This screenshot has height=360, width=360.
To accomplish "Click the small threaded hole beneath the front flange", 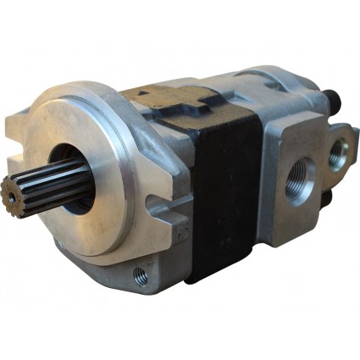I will tap(141, 275).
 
